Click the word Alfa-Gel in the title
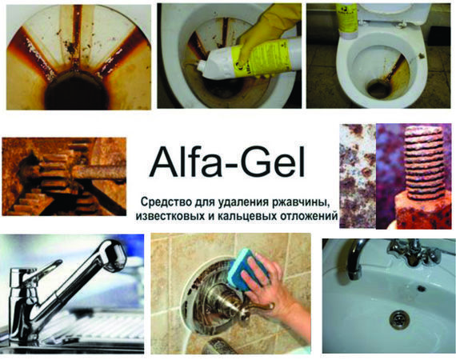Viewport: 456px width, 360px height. click(x=227, y=162)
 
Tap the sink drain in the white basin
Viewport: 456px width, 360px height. click(x=399, y=319)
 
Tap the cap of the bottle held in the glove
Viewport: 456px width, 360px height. click(x=202, y=66)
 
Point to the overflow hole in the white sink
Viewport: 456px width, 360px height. click(x=422, y=288)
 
